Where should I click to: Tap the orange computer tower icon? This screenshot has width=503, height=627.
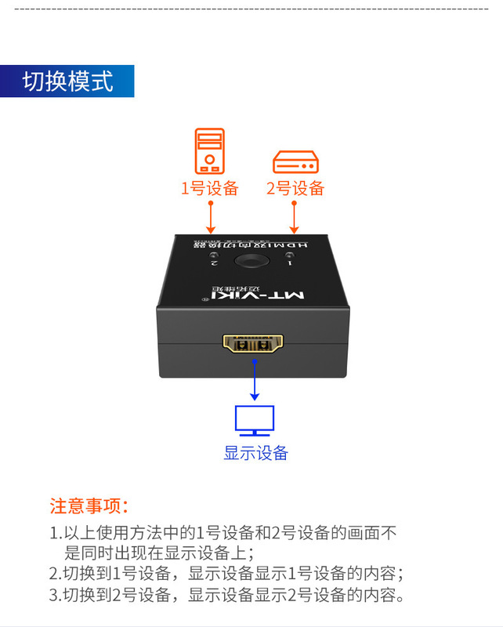point(209,150)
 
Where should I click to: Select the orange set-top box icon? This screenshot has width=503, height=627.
point(295,162)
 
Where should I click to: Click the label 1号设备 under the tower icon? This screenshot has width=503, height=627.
point(209,189)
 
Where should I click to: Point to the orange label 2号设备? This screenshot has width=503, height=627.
point(295,189)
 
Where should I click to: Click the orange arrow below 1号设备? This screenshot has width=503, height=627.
point(210,216)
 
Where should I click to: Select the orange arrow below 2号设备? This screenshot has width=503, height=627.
point(295,216)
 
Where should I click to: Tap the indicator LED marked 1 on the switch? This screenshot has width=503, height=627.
point(290,258)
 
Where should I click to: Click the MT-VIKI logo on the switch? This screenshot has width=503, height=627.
point(252,295)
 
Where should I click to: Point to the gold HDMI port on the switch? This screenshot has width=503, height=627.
point(252,345)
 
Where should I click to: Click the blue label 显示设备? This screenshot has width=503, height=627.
point(255,453)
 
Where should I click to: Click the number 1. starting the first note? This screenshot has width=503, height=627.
point(55,534)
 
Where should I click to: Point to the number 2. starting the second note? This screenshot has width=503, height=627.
point(55,573)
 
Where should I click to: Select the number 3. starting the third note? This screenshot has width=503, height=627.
point(55,595)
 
